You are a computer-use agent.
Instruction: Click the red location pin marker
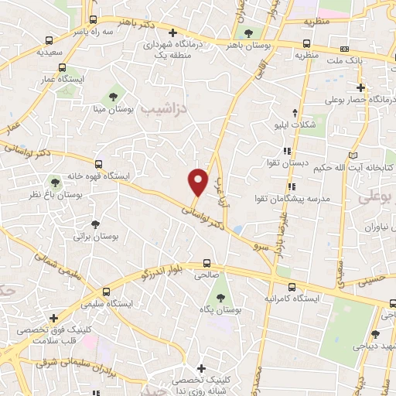[198, 181]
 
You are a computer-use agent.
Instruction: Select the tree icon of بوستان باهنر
[248, 33]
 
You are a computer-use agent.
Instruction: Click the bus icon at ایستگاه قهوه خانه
[98, 163]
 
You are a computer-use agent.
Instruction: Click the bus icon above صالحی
[207, 262]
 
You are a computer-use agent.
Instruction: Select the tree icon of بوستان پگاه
[220, 297]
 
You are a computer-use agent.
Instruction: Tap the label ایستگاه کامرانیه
[312, 297]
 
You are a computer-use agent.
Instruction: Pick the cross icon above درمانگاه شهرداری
[172, 33]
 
